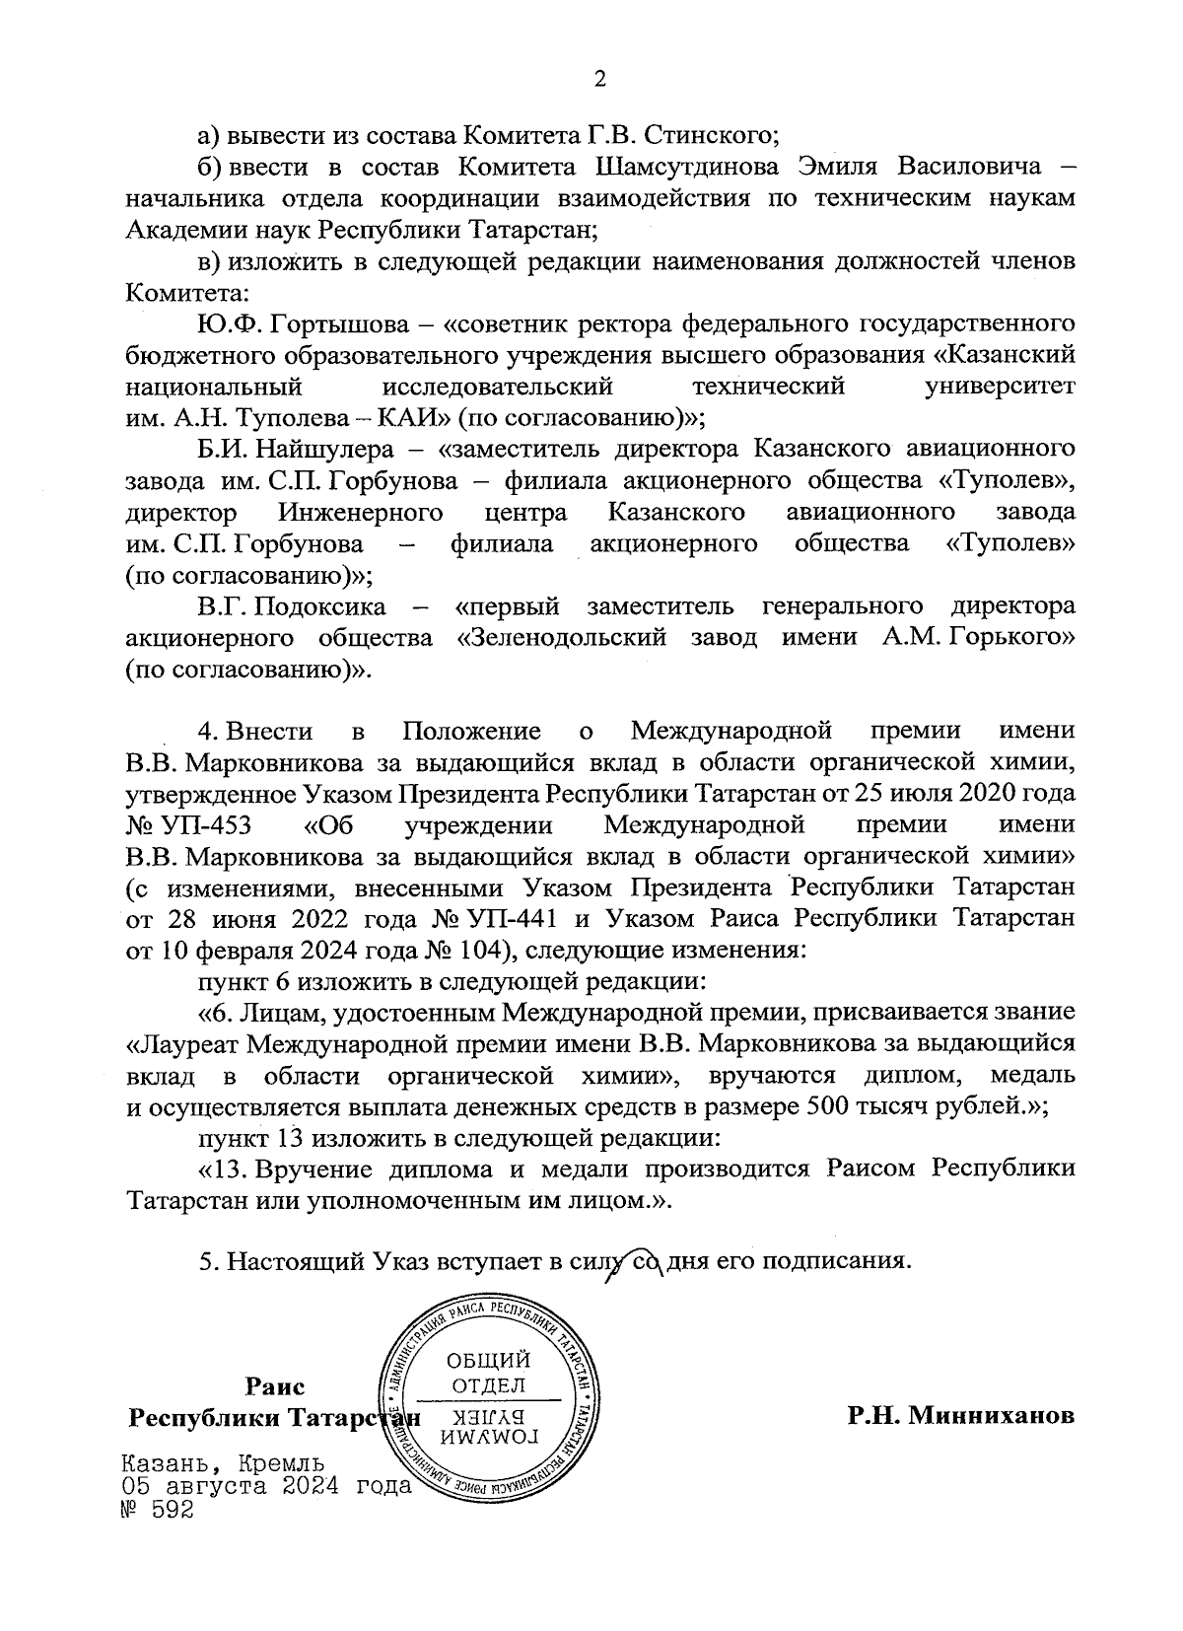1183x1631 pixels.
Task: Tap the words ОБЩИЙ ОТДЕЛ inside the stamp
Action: [x=489, y=1373]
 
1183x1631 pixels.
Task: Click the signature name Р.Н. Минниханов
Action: [x=960, y=1417]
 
